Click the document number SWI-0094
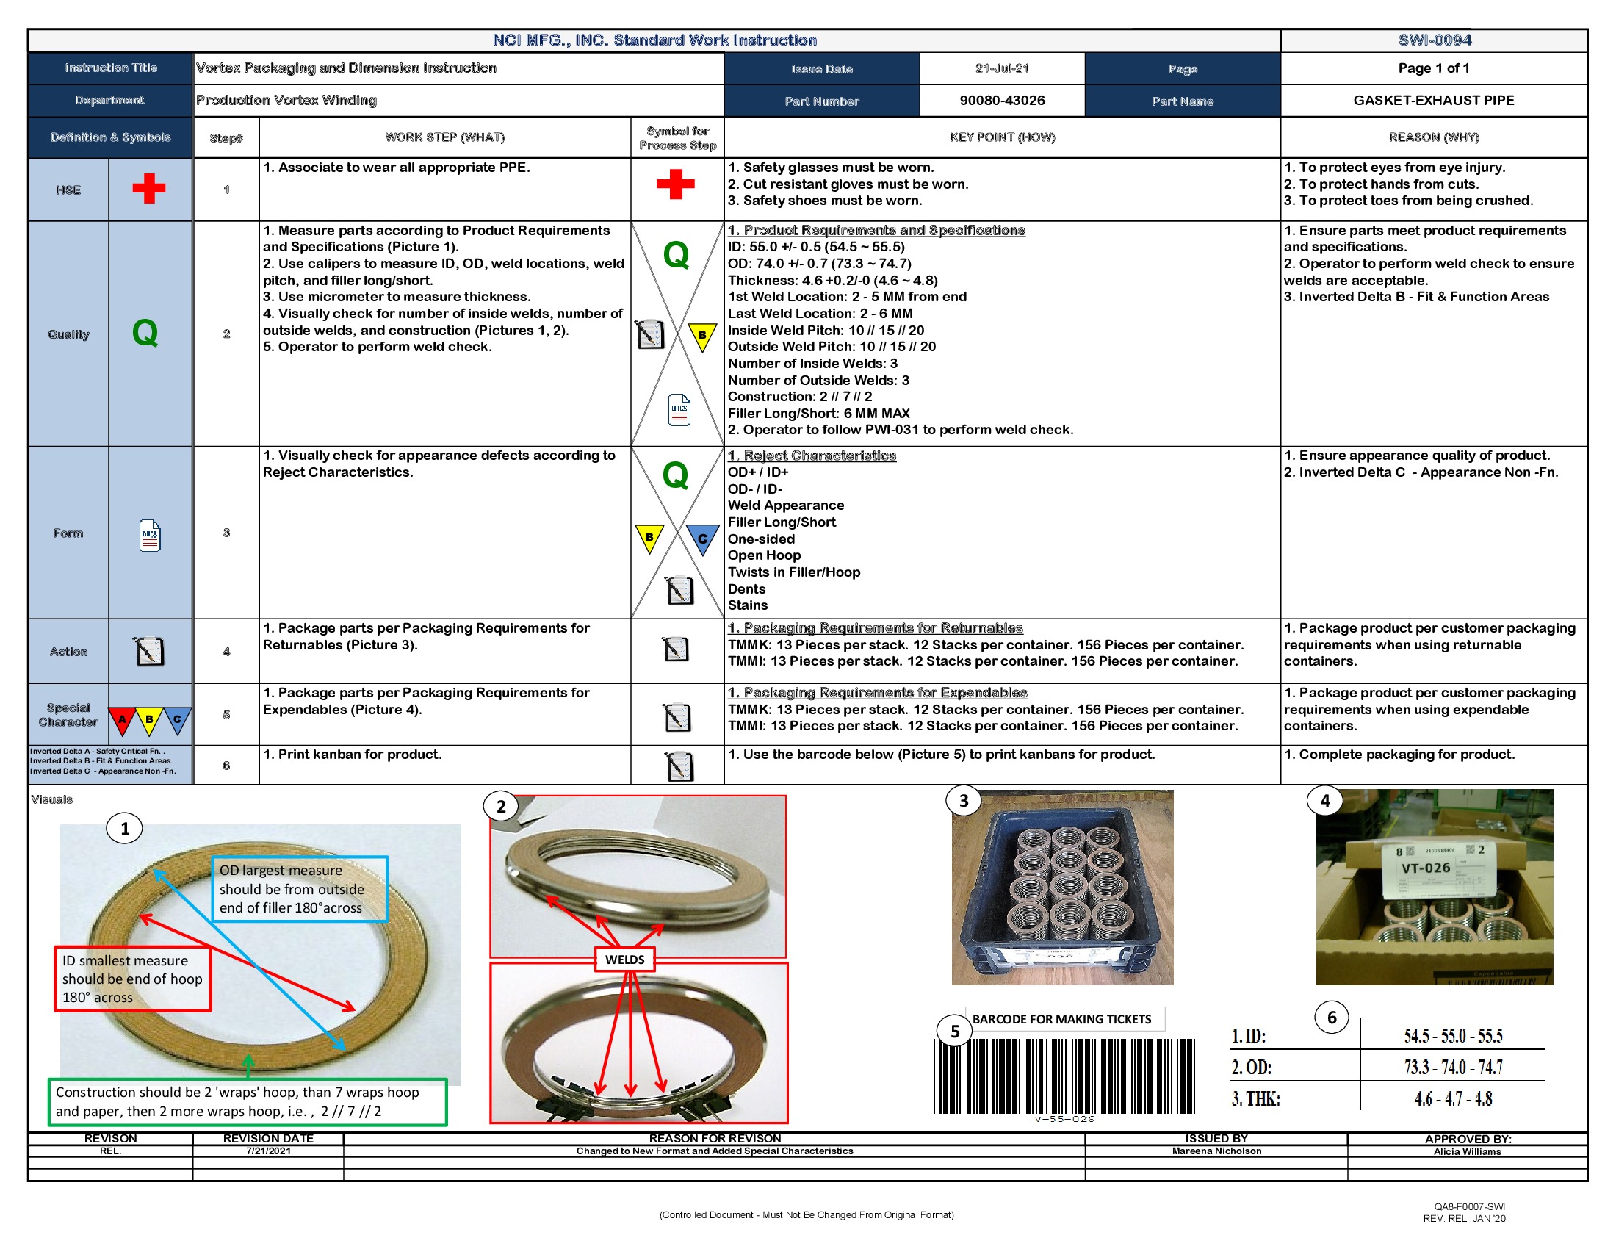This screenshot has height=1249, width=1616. pos(1433,40)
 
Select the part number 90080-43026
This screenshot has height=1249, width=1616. pos(1002,101)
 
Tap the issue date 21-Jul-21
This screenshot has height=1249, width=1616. pos(1002,68)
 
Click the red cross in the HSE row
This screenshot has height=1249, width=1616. pos(148,189)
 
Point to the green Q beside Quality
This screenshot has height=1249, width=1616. pos(145,333)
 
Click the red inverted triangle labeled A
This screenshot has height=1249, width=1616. pos(122,719)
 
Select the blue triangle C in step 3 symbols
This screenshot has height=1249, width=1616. pos(701,539)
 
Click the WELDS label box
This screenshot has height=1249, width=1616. pos(624,960)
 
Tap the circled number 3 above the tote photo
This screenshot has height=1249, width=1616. pos(964,801)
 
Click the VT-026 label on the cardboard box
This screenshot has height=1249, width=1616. pos(1425,868)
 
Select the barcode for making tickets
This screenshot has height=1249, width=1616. pos(1064,1076)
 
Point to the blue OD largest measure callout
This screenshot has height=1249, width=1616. pos(300,889)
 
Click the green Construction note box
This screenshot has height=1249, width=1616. pos(247,1102)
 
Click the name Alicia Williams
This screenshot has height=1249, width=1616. pos(1467,1151)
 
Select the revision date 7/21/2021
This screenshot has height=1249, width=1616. pos(268,1151)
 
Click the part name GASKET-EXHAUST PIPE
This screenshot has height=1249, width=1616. pos(1433,101)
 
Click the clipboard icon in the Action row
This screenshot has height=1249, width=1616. pos(148,651)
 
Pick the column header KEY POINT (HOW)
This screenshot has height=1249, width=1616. pos(1002,137)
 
